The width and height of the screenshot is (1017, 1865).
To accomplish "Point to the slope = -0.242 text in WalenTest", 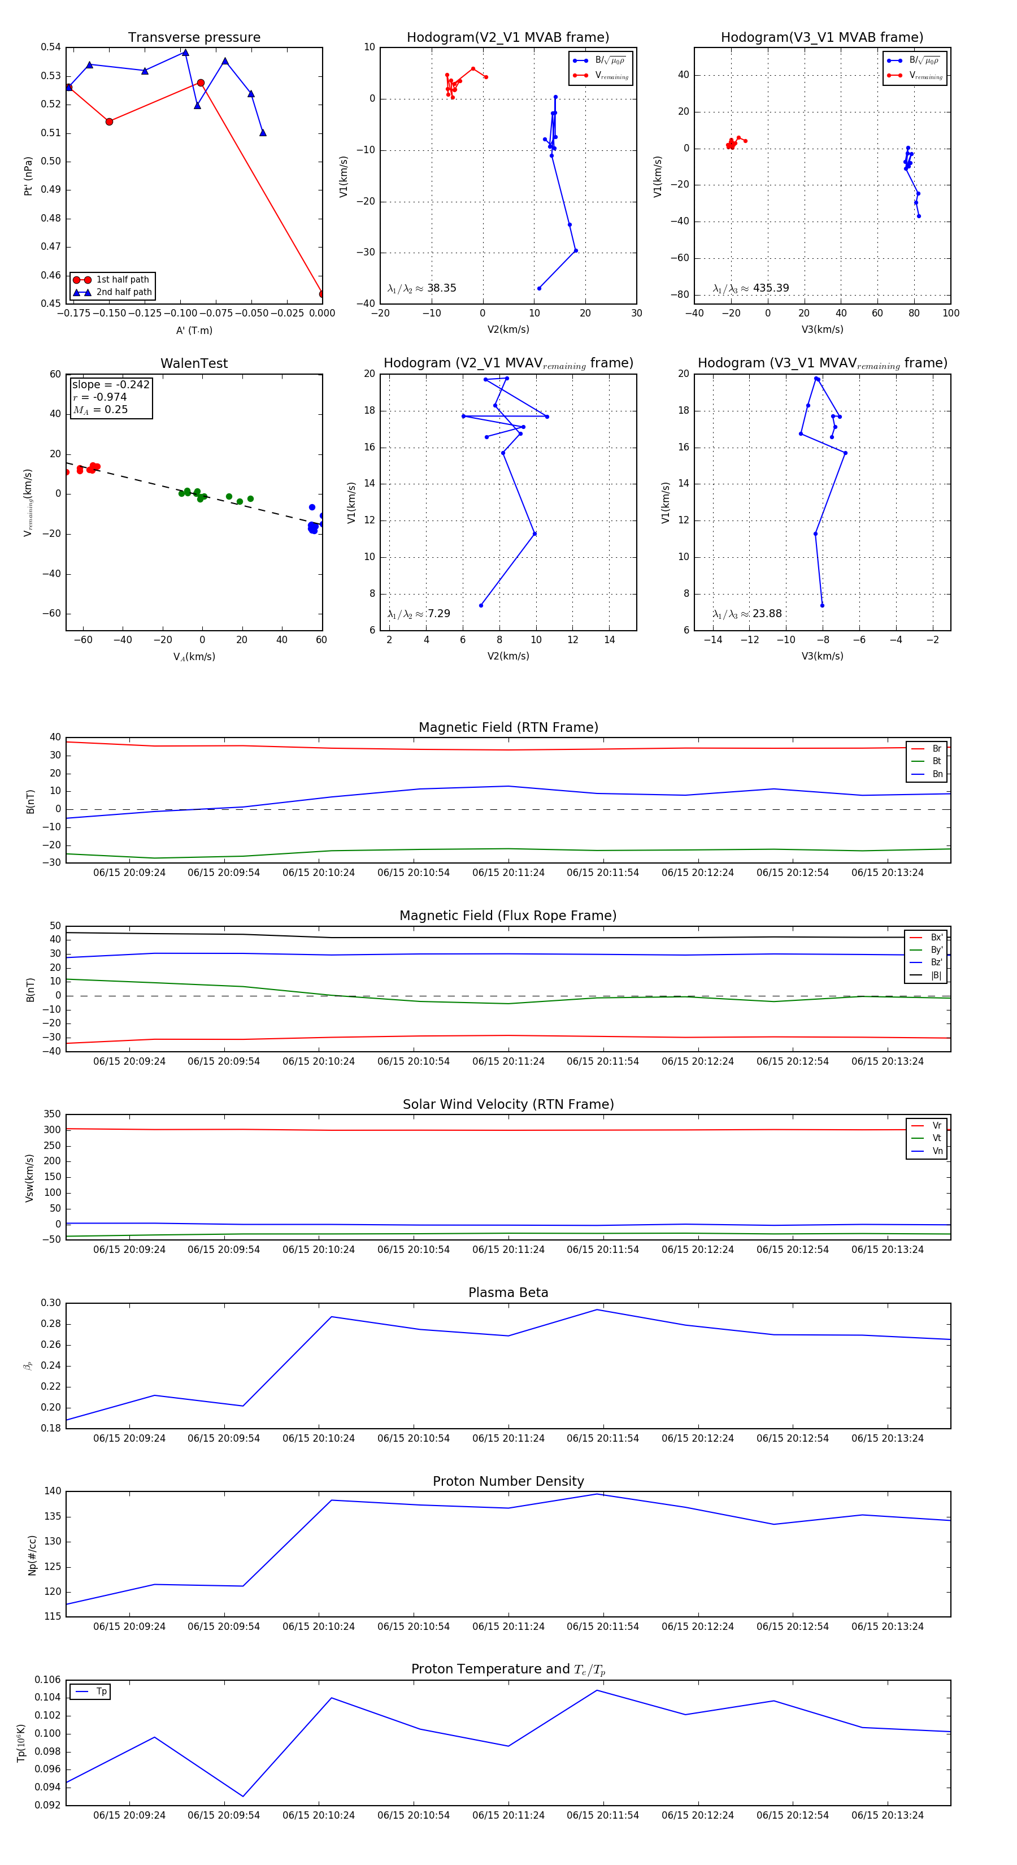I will coord(111,384).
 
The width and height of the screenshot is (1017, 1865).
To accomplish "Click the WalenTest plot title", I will coord(194,363).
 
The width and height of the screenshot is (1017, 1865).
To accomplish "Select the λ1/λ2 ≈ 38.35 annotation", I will coord(422,288).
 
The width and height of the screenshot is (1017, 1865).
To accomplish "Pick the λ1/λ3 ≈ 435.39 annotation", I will coord(751,288).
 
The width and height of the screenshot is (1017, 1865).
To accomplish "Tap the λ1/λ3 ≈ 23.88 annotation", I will coord(747,614).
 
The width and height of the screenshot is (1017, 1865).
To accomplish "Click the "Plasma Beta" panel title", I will coord(508,1293).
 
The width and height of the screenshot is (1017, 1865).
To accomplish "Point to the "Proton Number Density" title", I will coord(508,1481).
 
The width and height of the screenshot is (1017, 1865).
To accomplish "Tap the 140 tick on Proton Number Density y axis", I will coord(53,1491).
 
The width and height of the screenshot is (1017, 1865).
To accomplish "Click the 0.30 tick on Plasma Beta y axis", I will coord(51,1303).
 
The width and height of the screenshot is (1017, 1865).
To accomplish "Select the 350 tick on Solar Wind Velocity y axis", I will coord(52,1114).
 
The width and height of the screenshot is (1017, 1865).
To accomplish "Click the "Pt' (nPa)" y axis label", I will coord(28,176).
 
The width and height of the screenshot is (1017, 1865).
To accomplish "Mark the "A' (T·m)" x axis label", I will coord(194,331).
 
